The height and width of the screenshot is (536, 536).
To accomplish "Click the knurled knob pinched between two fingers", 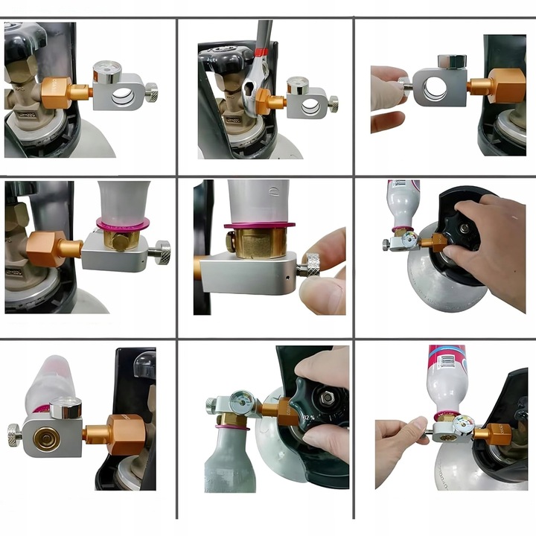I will pyautogui.click(x=313, y=264).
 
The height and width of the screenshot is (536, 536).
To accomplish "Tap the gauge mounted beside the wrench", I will pyautogui.click(x=298, y=84).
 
